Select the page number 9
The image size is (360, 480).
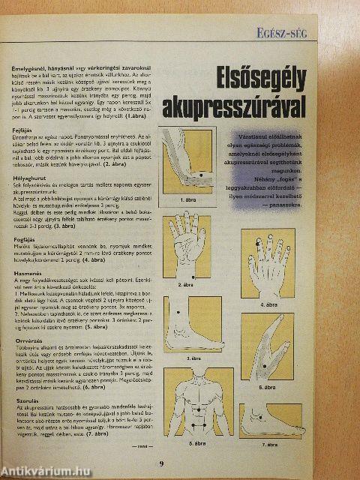pyautogui.click(x=160, y=463)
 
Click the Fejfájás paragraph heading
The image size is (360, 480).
pyautogui.click(x=24, y=130)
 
